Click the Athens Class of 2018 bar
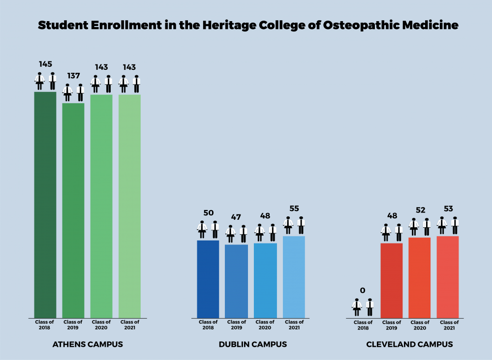click(45, 204)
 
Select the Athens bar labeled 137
click(73, 210)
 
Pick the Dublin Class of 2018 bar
click(208, 278)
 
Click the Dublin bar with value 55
click(294, 276)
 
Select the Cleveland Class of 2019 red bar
click(392, 280)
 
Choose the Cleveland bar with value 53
click(448, 276)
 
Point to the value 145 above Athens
click(46, 64)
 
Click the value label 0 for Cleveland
click(363, 291)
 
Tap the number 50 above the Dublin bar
click(209, 213)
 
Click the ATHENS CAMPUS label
click(88, 344)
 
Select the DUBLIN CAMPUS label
click(252, 344)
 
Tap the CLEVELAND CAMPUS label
click(409, 344)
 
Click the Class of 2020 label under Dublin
click(265, 325)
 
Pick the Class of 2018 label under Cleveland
click(363, 325)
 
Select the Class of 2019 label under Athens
click(73, 325)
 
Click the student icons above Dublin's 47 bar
click(237, 234)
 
